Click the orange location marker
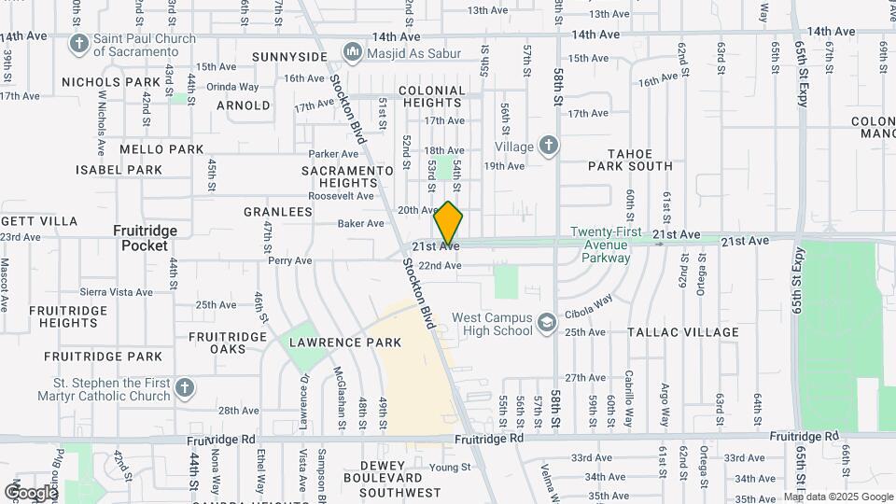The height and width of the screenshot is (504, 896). tap(449, 223)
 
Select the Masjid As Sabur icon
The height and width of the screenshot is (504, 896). tap(352, 51)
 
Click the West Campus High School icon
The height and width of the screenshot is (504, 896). tap(546, 324)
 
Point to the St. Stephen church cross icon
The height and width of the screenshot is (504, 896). tap(185, 388)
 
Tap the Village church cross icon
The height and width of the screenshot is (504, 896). tap(549, 147)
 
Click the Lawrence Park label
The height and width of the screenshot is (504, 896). tap(345, 343)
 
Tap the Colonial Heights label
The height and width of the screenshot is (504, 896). tap(431, 98)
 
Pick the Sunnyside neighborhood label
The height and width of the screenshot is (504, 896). tap(290, 57)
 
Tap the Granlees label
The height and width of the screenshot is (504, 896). tap(277, 212)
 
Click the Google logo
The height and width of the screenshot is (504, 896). tap(31, 492)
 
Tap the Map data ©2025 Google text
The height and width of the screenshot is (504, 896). tap(838, 497)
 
